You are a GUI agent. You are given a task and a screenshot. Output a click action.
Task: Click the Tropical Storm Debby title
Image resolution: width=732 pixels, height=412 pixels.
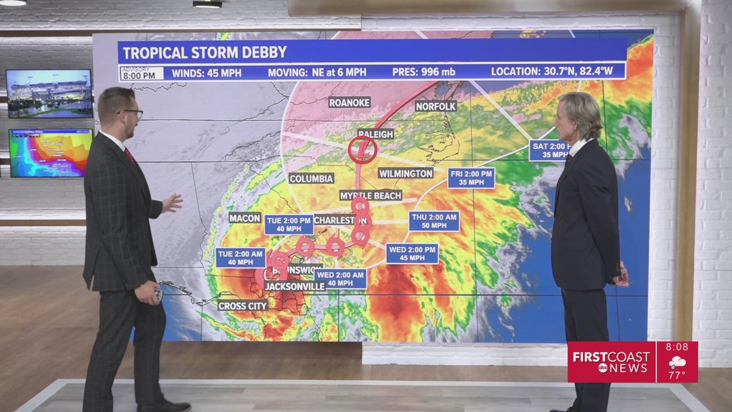(x=205, y=52)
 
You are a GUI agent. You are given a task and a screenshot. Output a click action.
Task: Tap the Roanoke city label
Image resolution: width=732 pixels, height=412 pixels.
(x=350, y=102)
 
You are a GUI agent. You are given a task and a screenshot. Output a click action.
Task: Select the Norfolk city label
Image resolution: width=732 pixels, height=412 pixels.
(x=435, y=106)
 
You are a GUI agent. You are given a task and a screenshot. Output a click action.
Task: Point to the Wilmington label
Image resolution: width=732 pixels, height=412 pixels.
(x=405, y=174)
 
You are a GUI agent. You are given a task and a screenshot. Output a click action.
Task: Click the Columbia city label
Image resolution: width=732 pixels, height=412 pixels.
(x=311, y=178)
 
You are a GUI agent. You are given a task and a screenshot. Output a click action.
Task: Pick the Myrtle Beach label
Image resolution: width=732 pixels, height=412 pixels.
(x=370, y=195)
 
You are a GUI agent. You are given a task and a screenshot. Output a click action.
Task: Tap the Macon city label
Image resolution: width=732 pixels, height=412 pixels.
(x=245, y=218)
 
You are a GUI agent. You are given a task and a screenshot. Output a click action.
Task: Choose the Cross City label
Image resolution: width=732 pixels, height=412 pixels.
(x=243, y=306)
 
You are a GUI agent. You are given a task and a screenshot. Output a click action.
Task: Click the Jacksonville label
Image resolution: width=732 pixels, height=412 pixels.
(x=295, y=286)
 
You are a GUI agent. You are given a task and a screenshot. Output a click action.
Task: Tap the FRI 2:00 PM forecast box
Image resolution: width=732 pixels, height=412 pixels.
(x=471, y=178)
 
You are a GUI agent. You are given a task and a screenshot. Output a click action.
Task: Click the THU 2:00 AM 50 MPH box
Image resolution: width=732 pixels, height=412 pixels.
(x=434, y=220)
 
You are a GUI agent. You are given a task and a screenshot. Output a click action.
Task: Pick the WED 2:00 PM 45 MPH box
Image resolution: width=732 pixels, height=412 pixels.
(x=412, y=253)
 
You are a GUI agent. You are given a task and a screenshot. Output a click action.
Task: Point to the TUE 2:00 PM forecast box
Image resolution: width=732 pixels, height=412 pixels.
(x=289, y=224)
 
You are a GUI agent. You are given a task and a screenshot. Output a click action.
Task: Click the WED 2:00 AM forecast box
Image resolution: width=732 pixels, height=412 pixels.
(x=340, y=278)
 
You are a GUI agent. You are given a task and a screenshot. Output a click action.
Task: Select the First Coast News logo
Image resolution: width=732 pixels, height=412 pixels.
(x=610, y=362)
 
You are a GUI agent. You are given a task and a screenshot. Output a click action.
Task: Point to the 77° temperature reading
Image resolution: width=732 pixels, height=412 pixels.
(x=676, y=375)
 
